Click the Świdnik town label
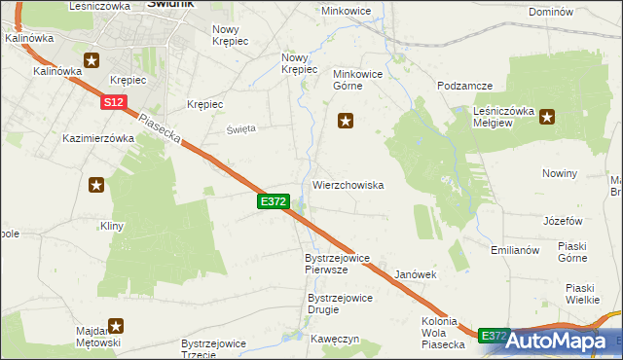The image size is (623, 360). [x=170, y=4]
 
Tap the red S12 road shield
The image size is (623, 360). [x=113, y=101]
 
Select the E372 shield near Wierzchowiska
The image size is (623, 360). [x=274, y=201]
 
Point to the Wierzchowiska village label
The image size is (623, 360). [x=348, y=184]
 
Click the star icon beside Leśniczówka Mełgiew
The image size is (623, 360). [x=547, y=119]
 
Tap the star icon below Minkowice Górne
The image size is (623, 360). [x=345, y=121]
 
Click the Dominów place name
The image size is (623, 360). [x=548, y=12]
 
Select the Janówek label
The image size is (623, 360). [x=415, y=274]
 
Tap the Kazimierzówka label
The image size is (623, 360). [x=97, y=138]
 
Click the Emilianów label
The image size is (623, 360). [x=516, y=250]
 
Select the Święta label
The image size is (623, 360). [x=240, y=127]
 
